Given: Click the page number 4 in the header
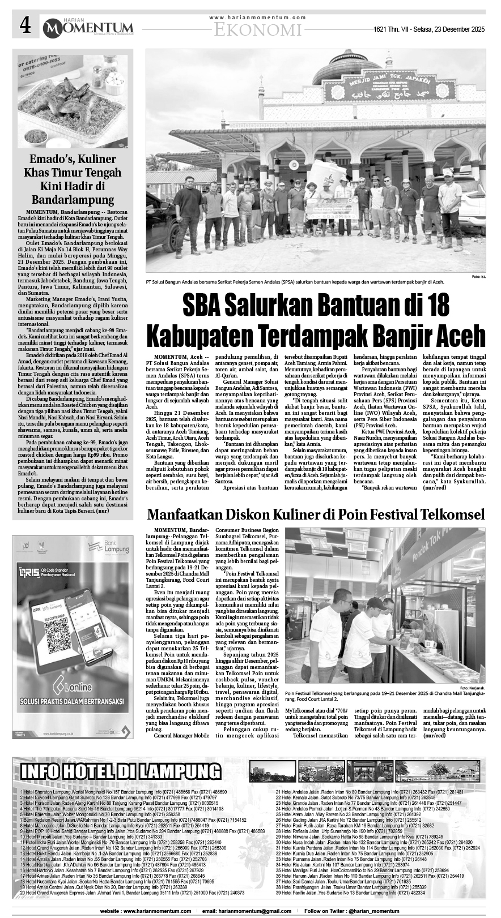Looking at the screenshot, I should click(x=24, y=25).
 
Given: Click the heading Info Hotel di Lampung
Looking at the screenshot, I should click(x=120, y=771).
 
